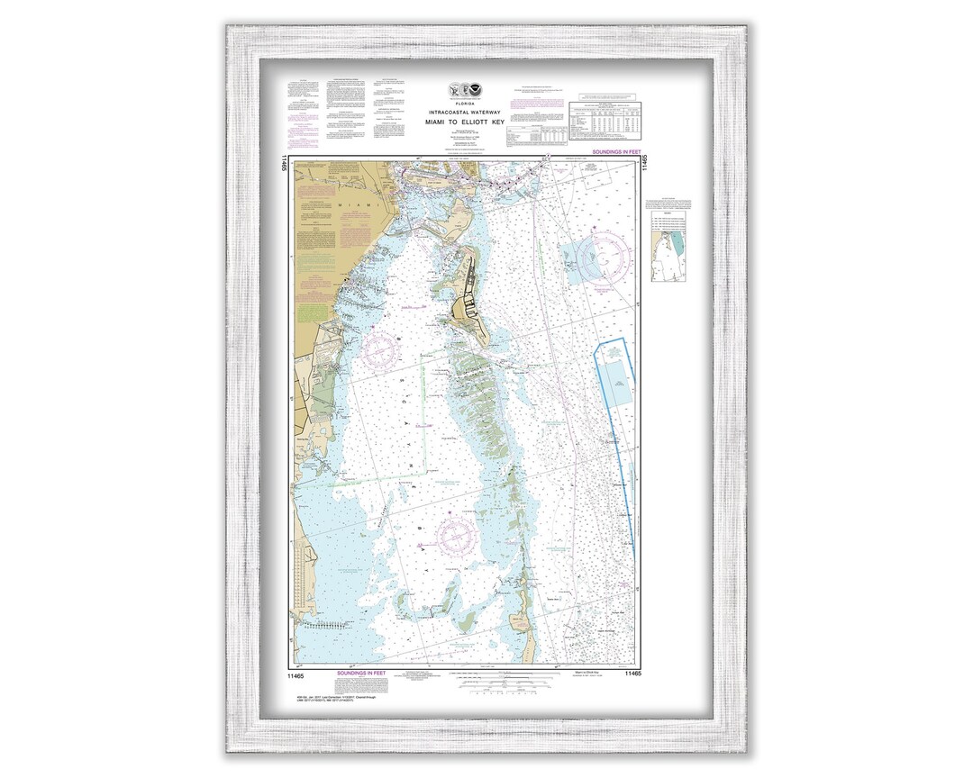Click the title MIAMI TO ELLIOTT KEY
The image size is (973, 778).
tap(466, 121)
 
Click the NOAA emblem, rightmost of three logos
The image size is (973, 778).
tap(482, 90)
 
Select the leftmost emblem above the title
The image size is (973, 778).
tap(452, 90)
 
